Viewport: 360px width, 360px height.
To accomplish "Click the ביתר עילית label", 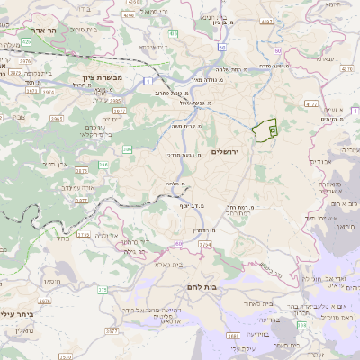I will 15,315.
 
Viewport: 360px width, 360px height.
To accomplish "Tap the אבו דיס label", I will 321,162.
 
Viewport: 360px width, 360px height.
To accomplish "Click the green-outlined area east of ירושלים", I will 264,131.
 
